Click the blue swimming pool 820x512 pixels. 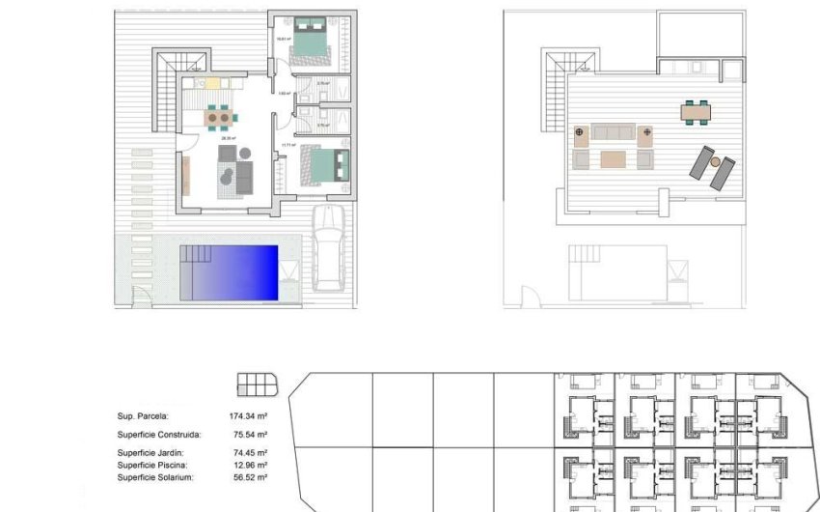(x=235, y=272)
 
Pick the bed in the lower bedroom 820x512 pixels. (x=316, y=163)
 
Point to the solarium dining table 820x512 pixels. (x=695, y=111)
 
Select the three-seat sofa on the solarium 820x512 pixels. (x=614, y=132)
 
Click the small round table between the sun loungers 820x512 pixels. (x=717, y=163)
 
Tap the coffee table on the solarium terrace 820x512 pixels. (x=614, y=158)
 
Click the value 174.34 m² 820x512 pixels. (x=248, y=416)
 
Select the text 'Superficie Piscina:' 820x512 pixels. (x=150, y=465)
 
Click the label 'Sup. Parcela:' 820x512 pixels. (x=143, y=416)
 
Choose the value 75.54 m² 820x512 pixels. (x=248, y=434)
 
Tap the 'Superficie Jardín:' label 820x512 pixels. (x=150, y=452)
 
